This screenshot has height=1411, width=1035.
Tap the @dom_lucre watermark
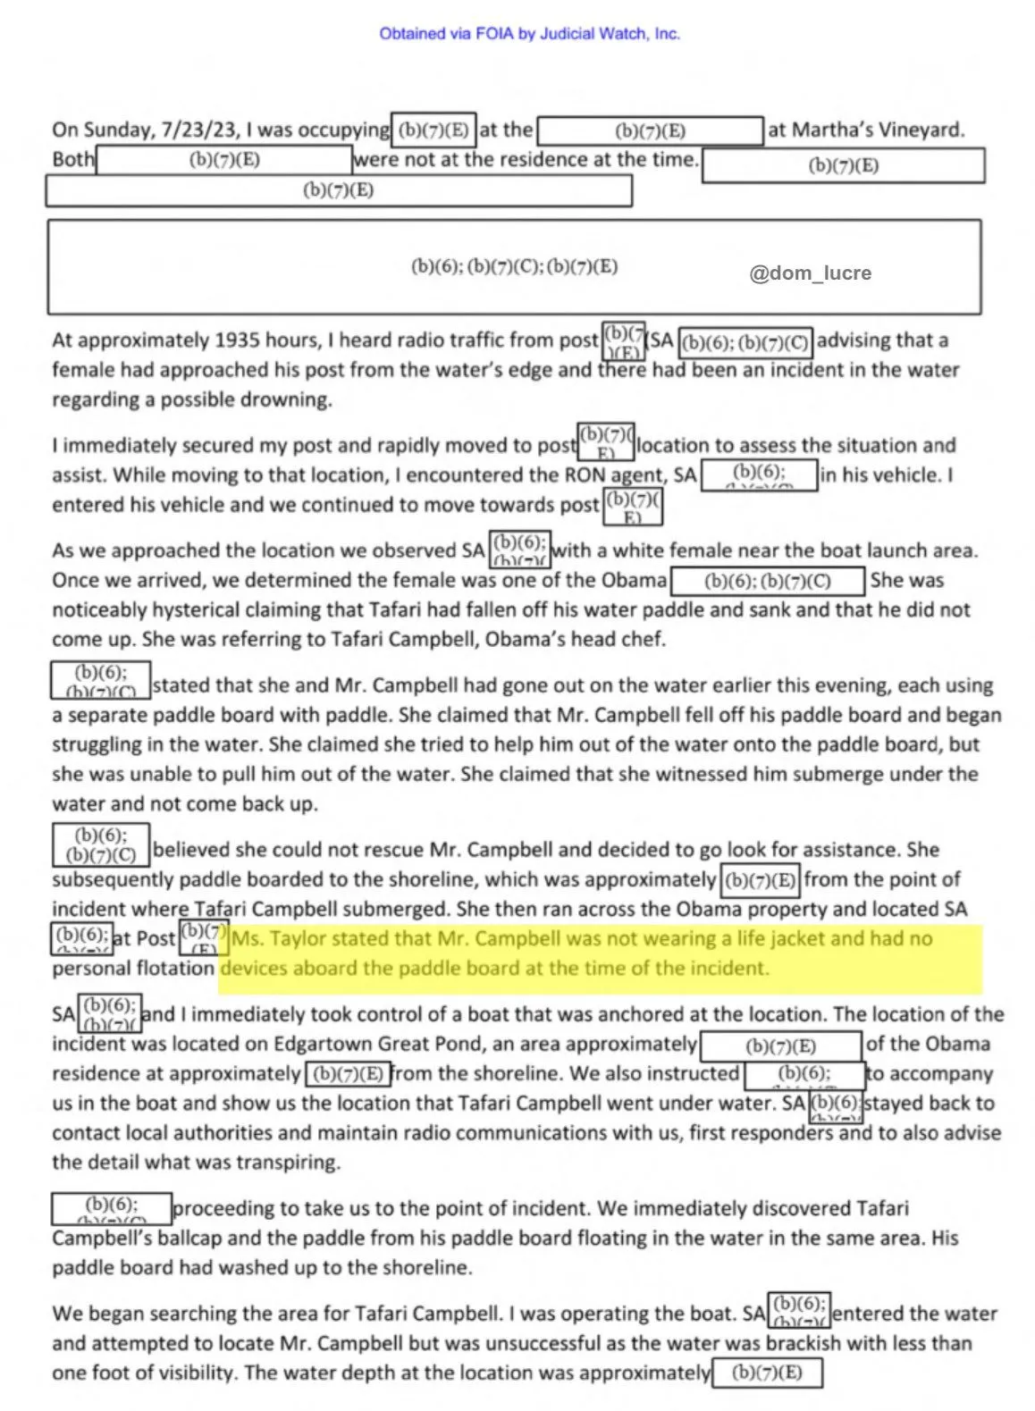pos(810,273)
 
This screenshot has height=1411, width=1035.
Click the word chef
pos(644,640)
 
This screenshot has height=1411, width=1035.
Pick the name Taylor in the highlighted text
pos(293,939)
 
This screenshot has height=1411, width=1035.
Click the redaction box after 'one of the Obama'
pos(767,581)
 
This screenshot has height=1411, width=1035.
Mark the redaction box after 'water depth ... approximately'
pos(766,1373)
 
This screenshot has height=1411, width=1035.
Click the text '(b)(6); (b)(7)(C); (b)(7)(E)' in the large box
pos(514,266)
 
